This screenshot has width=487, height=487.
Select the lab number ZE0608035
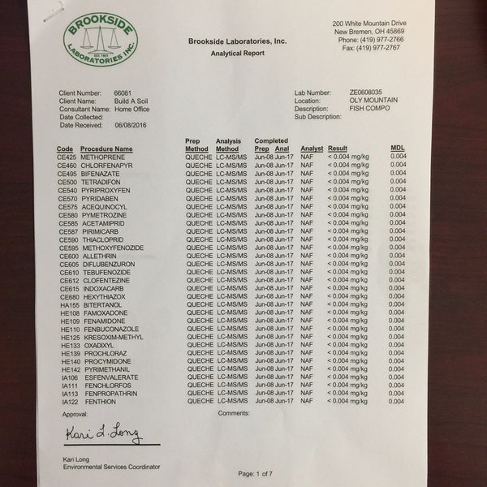(369, 93)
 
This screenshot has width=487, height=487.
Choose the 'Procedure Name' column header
(106, 149)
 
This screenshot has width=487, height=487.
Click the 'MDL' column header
(397, 149)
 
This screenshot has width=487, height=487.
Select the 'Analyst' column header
(312, 149)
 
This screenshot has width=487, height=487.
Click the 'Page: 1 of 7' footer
(259, 473)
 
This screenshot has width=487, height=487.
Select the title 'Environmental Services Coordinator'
(111, 467)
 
